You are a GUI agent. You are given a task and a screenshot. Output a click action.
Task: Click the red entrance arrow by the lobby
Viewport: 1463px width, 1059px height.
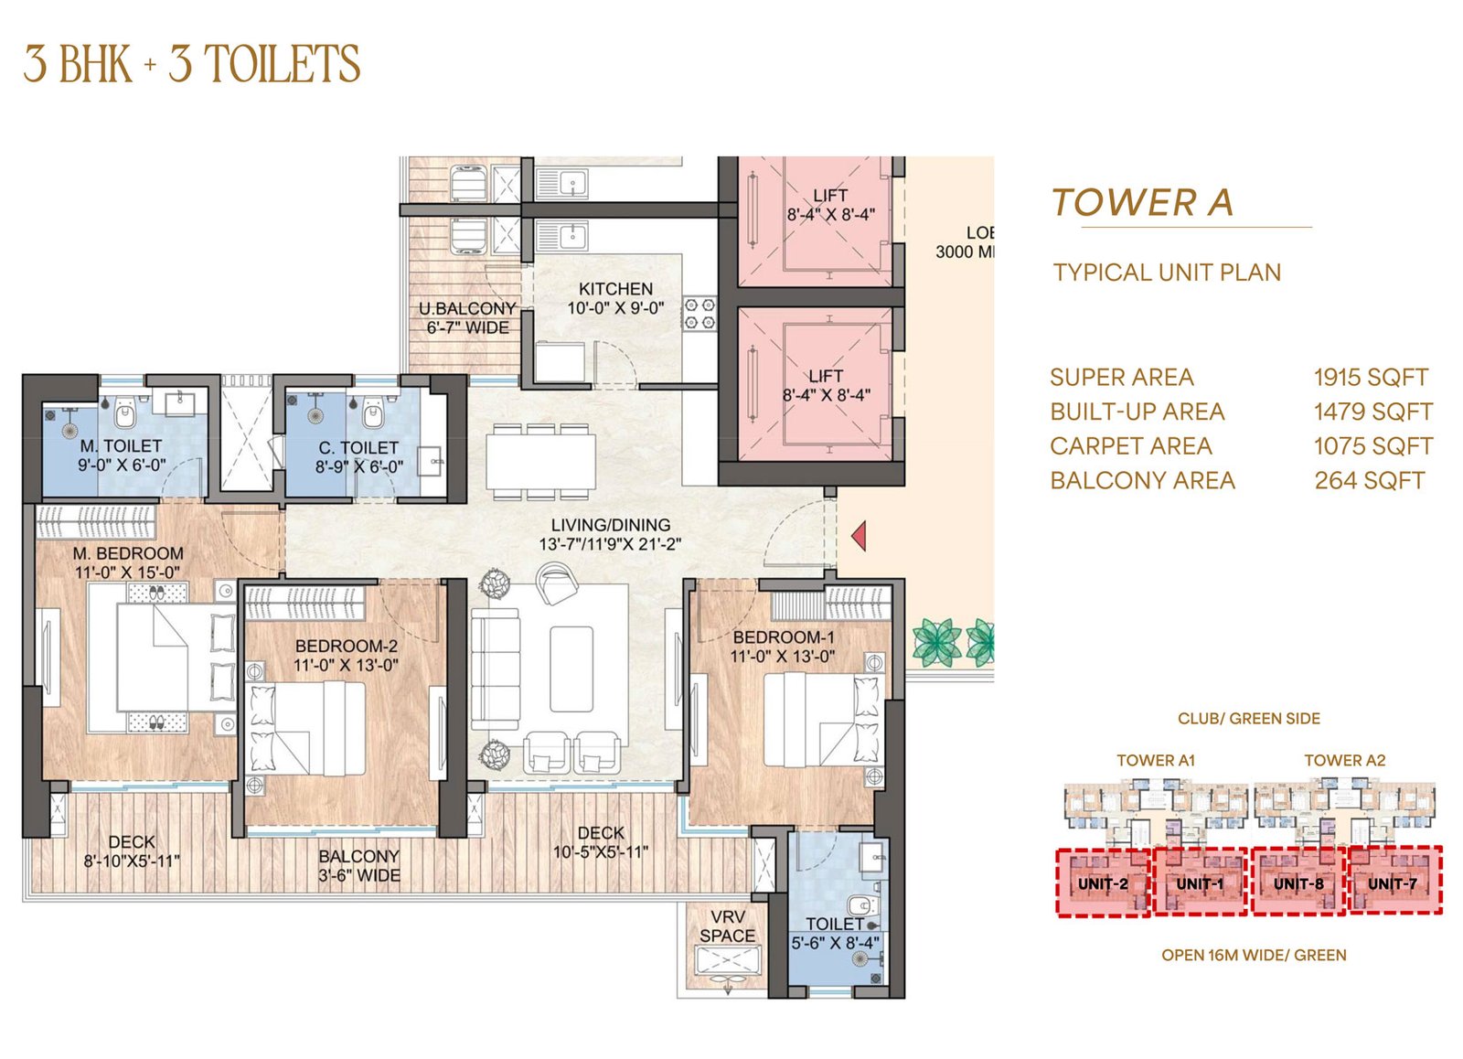859,536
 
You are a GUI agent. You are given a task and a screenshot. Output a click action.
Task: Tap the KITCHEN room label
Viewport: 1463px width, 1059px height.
615,289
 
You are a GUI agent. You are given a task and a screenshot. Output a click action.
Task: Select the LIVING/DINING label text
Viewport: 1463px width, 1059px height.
611,525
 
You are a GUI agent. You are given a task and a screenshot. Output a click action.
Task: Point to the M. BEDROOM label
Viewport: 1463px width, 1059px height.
128,553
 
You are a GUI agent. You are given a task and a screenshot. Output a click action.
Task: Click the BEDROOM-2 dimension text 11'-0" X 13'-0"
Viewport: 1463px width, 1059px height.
347,665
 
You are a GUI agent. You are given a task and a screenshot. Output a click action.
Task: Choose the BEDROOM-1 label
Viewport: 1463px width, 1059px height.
784,637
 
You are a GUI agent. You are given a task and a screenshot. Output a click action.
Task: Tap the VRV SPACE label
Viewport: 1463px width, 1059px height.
728,926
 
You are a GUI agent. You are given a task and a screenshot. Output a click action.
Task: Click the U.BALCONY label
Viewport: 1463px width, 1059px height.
467,308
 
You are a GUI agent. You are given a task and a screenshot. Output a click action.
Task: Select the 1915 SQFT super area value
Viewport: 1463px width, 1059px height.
1371,377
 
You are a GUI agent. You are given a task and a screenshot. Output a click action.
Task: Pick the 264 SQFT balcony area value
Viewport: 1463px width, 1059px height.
1370,480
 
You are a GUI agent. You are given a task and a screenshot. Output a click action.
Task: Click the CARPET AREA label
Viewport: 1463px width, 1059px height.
1131,445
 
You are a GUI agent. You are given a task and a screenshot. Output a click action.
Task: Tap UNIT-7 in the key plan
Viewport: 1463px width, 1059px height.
1393,884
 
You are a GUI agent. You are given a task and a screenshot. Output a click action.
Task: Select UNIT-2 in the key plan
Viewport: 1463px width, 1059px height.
1103,884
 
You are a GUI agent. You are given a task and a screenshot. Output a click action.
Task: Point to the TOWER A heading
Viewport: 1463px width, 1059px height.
1142,202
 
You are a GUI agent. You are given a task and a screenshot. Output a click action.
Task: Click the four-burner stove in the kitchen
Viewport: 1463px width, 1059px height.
699,314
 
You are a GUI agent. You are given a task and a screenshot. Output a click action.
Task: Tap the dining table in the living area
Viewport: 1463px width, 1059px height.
540,461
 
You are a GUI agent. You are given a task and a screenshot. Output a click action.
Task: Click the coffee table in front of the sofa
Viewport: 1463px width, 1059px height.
571,669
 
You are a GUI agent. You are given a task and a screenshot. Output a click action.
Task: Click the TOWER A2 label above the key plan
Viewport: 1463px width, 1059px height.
1345,761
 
